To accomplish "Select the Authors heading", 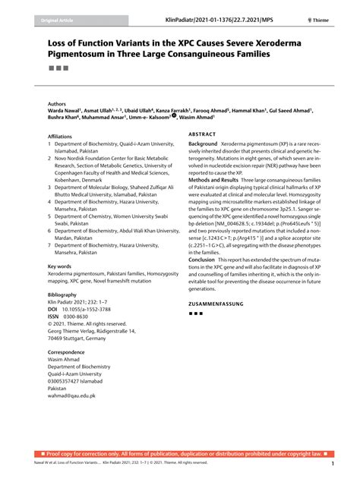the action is [57, 103].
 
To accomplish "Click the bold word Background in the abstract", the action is [203, 143].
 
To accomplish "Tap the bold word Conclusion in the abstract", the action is [202, 259].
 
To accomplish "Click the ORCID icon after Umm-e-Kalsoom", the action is [173, 117].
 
